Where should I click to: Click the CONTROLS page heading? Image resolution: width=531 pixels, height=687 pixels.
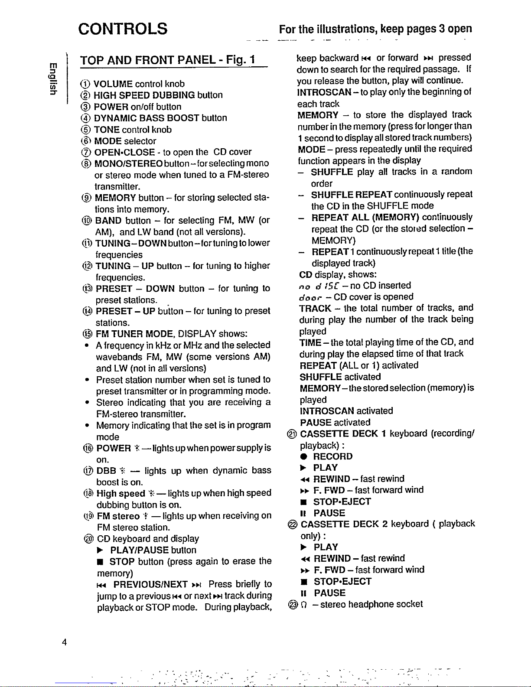[x=123, y=29]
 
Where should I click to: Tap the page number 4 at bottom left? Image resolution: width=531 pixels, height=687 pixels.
[x=64, y=642]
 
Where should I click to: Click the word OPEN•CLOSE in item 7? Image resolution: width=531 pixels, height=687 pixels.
[x=124, y=152]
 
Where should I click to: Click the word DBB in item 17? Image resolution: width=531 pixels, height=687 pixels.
[x=106, y=471]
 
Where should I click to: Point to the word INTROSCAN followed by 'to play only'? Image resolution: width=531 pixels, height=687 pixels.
[x=324, y=92]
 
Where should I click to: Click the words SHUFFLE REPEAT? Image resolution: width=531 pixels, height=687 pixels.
[x=352, y=194]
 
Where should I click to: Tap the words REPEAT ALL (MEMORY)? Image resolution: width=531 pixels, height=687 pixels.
[x=365, y=217]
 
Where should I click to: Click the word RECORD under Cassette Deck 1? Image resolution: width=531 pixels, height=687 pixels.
[x=333, y=456]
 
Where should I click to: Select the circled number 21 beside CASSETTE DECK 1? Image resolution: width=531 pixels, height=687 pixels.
[x=292, y=434]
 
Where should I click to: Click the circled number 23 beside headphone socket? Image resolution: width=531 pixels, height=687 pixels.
[x=292, y=604]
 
